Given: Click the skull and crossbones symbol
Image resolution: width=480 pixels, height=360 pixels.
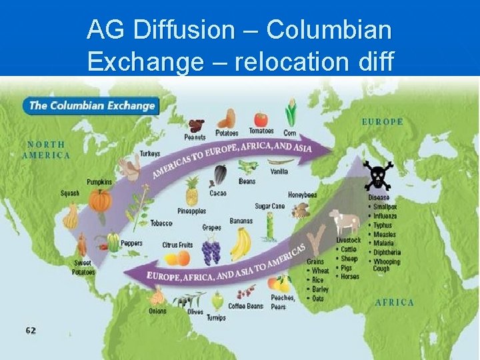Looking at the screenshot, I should [377, 175].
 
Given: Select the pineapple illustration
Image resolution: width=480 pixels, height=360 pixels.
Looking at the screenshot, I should [192, 191].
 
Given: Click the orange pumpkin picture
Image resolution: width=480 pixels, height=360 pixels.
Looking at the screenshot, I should [100, 199].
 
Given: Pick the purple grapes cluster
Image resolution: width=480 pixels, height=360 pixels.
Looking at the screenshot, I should [211, 251].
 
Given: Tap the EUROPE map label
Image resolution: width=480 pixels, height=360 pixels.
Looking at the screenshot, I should [382, 122].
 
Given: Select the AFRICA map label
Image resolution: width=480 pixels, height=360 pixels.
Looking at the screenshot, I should [394, 302].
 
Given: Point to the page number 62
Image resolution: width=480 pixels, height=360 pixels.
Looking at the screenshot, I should [31, 330].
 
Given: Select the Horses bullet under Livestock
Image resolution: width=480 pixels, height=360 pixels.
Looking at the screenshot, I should [349, 277].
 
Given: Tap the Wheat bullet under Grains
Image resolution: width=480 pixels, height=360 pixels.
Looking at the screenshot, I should [320, 271].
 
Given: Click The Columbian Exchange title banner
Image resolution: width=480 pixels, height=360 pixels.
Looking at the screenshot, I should [91, 105].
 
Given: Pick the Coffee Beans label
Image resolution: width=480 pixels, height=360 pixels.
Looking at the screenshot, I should [246, 306].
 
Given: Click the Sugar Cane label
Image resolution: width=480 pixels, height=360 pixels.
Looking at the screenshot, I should [269, 207].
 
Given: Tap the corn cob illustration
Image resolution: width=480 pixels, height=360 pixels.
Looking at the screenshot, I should [290, 114].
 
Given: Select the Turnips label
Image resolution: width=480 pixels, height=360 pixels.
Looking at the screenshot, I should [216, 318].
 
